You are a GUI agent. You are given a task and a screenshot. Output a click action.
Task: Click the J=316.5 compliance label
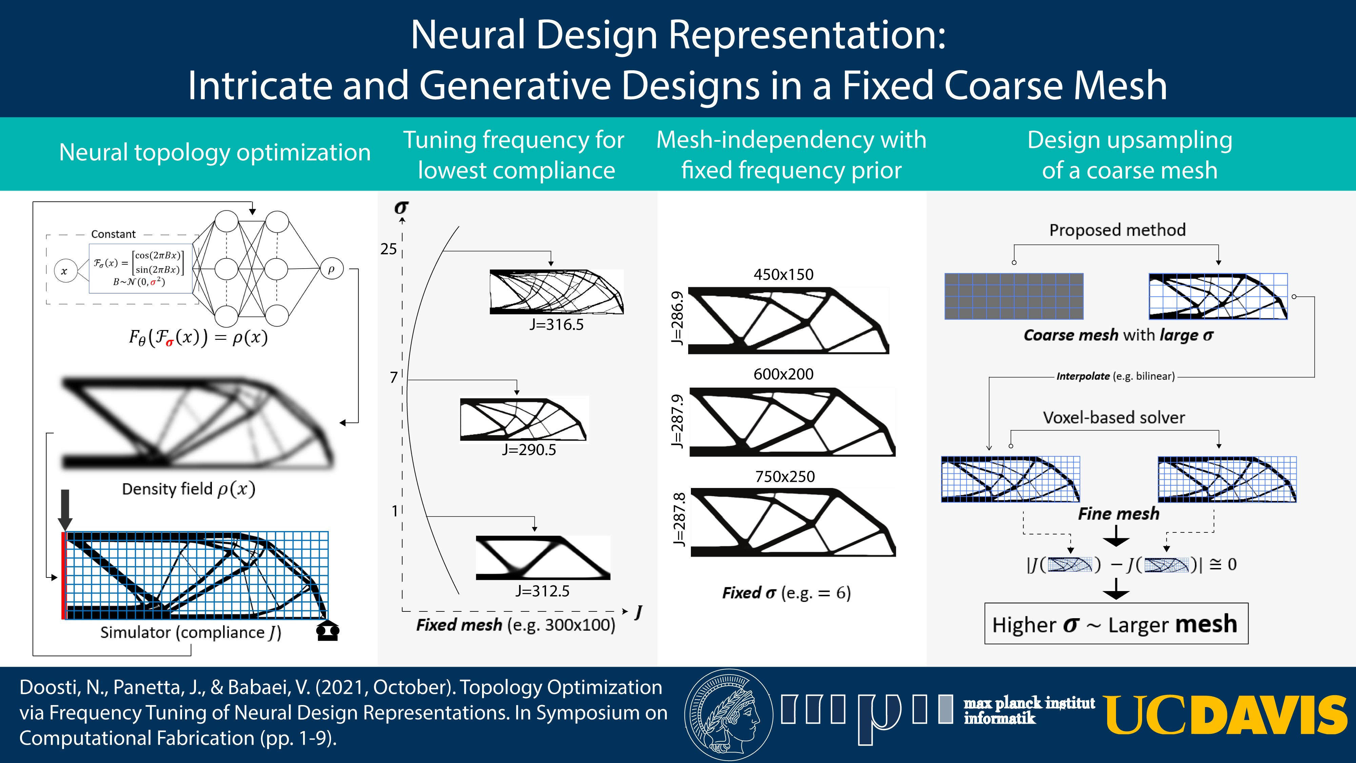coord(556,325)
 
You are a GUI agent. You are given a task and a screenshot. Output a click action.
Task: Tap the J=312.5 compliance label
coord(542,591)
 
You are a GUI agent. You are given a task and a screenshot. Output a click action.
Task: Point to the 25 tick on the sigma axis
coord(388,249)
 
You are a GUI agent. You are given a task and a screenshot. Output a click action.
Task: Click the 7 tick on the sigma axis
coord(394,377)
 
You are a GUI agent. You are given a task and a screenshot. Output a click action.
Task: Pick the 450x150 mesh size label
coord(783,274)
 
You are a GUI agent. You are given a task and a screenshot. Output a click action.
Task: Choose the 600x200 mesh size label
coord(783,374)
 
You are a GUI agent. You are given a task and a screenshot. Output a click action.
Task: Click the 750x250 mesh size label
coord(785,476)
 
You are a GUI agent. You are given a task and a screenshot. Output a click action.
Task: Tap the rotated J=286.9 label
coord(677,318)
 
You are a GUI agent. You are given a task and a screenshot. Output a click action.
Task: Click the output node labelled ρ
coord(332,269)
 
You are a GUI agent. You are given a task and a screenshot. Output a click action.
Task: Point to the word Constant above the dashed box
coord(113,234)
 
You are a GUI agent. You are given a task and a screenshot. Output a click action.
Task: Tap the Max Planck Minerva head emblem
coord(729,715)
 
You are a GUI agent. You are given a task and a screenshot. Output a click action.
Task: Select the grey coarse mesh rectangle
coord(1014,296)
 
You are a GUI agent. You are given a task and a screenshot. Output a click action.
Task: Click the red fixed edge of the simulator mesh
coord(63,575)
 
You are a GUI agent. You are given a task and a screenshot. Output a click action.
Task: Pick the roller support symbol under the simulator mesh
coord(327,630)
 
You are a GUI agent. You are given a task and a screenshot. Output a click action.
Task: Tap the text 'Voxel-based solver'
coord(1114,417)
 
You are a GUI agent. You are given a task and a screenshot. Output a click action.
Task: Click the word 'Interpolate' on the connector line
coord(1083,376)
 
